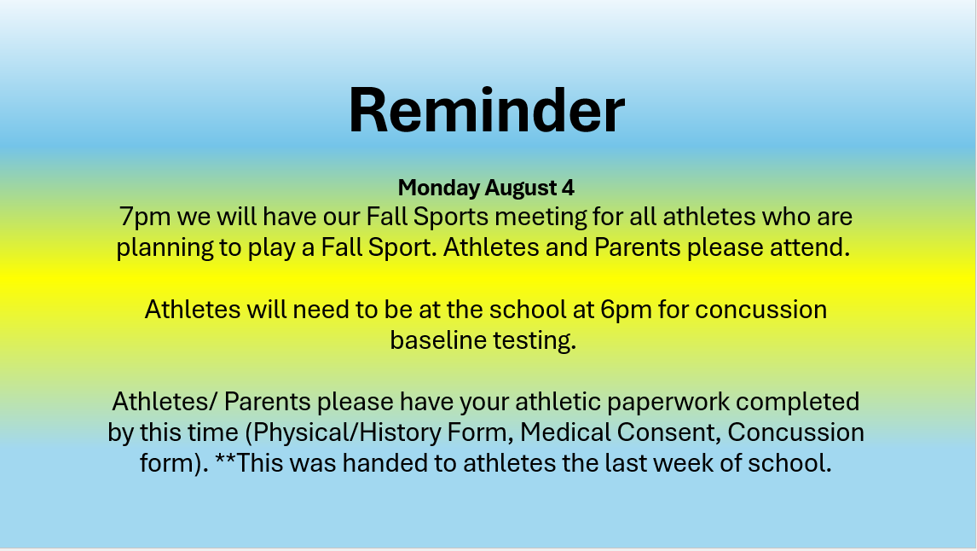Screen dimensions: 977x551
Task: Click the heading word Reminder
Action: pyautogui.click(x=486, y=110)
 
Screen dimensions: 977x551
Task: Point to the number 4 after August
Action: pyautogui.click(x=568, y=188)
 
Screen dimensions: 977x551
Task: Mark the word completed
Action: pyautogui.click(x=798, y=402)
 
